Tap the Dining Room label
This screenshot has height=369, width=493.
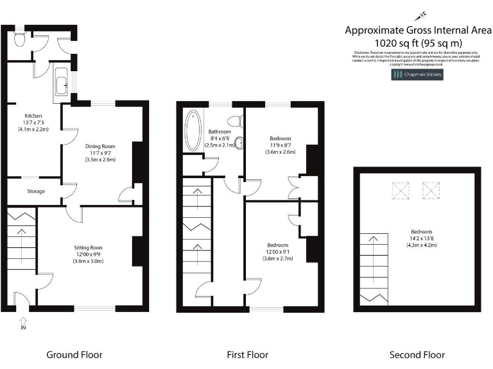(x=100, y=146)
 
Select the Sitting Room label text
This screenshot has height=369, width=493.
(x=87, y=247)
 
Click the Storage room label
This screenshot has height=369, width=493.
(x=36, y=191)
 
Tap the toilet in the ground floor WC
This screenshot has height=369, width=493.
(x=19, y=39)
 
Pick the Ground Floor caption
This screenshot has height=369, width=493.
(x=74, y=354)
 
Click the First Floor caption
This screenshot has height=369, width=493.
(x=247, y=354)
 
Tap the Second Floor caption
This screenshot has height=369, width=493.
(x=417, y=354)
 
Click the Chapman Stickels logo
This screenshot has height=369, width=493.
(x=417, y=75)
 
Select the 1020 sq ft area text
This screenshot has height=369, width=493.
(x=417, y=43)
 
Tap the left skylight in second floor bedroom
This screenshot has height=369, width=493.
(x=401, y=190)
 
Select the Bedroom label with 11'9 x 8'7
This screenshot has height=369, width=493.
(x=280, y=138)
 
